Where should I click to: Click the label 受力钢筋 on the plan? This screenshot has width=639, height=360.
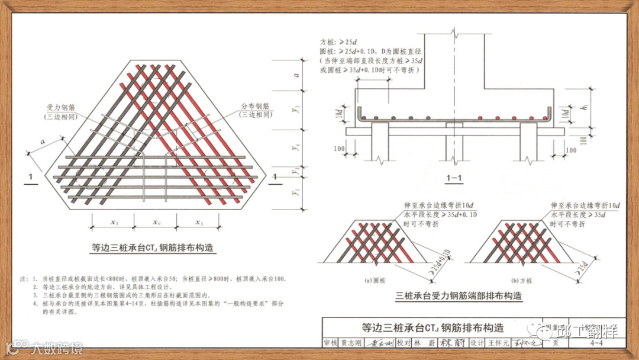[x=62, y=107]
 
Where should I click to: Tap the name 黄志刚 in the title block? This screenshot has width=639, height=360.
[x=350, y=342]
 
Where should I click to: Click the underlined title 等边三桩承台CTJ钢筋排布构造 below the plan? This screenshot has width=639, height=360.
[x=153, y=248]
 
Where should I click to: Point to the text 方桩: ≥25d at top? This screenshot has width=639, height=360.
[x=339, y=42]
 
